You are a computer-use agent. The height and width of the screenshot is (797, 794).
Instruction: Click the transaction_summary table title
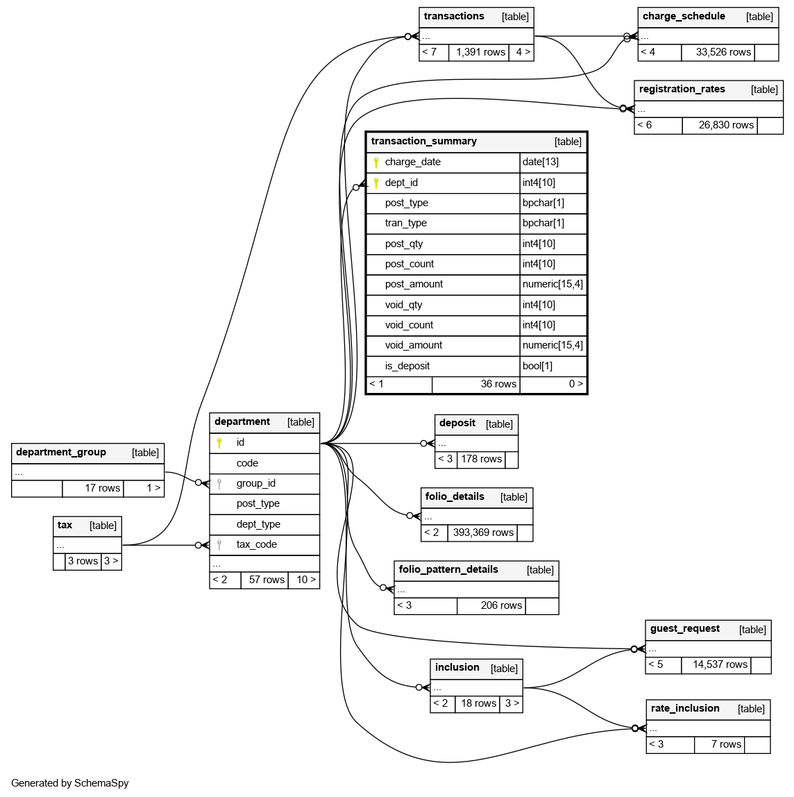[x=424, y=141]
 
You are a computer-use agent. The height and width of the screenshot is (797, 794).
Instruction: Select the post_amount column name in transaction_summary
[x=414, y=284]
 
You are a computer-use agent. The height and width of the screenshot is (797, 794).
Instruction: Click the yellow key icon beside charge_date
[x=376, y=162]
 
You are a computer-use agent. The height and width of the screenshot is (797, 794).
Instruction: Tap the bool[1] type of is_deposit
[x=537, y=366]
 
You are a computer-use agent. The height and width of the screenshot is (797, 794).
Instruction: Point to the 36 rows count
[x=498, y=384]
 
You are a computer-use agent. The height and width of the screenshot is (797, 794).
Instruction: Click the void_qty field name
[x=403, y=305]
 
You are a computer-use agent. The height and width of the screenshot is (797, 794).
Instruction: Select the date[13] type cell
[x=540, y=162]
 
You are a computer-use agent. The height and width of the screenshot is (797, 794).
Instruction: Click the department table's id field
[x=240, y=442]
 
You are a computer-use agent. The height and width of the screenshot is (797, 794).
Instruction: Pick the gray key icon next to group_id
[x=219, y=484]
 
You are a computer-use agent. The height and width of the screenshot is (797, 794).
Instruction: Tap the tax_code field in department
[x=256, y=544]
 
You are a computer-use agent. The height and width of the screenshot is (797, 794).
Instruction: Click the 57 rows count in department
[x=267, y=580]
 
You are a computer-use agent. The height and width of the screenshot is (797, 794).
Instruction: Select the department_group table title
[x=61, y=452]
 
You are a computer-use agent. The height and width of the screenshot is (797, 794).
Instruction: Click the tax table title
[x=65, y=525]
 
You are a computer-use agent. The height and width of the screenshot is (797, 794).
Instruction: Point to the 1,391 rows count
[x=480, y=52]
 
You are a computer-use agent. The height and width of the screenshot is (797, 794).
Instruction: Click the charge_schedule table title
[x=684, y=16]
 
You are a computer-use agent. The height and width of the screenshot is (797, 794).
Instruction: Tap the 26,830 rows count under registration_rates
[x=726, y=125]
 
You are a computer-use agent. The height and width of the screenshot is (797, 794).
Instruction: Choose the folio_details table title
[x=455, y=496]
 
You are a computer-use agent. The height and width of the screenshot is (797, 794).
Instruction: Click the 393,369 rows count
[x=483, y=532]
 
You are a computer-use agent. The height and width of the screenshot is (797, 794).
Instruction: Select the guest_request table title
[x=685, y=628]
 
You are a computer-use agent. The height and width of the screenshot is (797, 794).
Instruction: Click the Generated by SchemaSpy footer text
[x=70, y=783]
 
